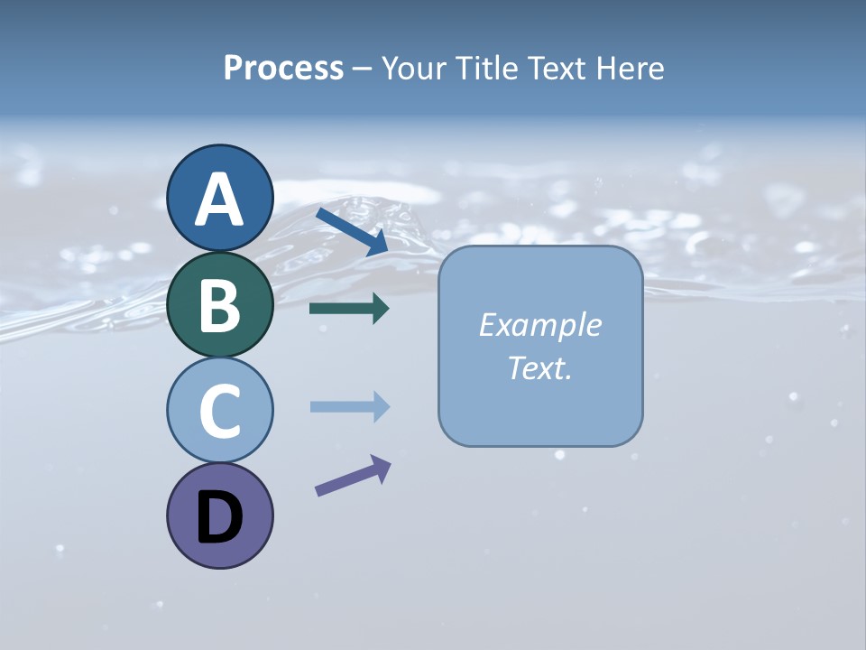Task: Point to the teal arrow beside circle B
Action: [349, 309]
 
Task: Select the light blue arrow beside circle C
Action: [349, 407]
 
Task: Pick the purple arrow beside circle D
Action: [353, 475]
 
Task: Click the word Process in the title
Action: [283, 69]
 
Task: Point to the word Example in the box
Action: [539, 325]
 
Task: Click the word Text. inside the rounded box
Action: [539, 367]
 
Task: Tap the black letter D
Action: [219, 518]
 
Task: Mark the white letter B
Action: [219, 306]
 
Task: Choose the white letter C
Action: [219, 412]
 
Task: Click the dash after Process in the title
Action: [363, 70]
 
